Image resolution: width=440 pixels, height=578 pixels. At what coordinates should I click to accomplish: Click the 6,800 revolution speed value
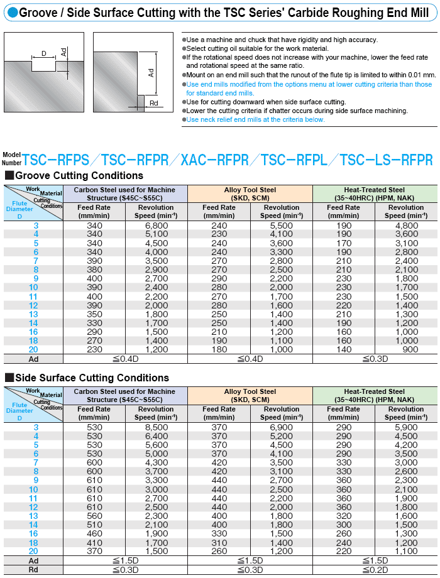pyautogui.click(x=157, y=226)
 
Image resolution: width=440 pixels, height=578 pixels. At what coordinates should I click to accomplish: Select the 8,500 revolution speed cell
pyautogui.click(x=157, y=427)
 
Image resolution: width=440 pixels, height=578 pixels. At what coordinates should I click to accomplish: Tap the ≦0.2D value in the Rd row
pyautogui.click(x=375, y=570)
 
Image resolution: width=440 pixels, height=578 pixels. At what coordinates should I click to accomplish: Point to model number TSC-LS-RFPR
pyautogui.click(x=386, y=160)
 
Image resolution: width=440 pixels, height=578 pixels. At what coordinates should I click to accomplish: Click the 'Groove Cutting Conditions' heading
pyautogui.click(x=79, y=176)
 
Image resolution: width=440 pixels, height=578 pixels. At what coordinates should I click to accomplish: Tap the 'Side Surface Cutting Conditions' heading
pyautogui.click(x=91, y=378)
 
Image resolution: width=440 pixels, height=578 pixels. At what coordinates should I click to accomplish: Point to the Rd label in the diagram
pyautogui.click(x=154, y=103)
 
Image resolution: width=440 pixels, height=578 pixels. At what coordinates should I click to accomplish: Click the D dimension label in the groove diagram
pyautogui.click(x=43, y=54)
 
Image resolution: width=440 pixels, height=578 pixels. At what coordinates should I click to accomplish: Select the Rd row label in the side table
pyautogui.click(x=33, y=570)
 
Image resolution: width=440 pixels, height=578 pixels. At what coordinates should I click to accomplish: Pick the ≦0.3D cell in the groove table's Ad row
pyautogui.click(x=375, y=359)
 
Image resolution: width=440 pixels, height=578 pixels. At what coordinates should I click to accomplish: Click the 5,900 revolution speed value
pyautogui.click(x=406, y=427)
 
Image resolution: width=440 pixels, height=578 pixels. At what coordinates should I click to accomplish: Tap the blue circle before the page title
pyautogui.click(x=9, y=12)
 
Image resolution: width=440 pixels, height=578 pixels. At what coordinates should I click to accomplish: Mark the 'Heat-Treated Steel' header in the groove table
pyautogui.click(x=375, y=190)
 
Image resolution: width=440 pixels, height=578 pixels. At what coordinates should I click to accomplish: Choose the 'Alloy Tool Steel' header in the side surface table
pyautogui.click(x=250, y=391)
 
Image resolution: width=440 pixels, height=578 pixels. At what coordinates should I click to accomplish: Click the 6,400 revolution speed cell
pyautogui.click(x=157, y=436)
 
